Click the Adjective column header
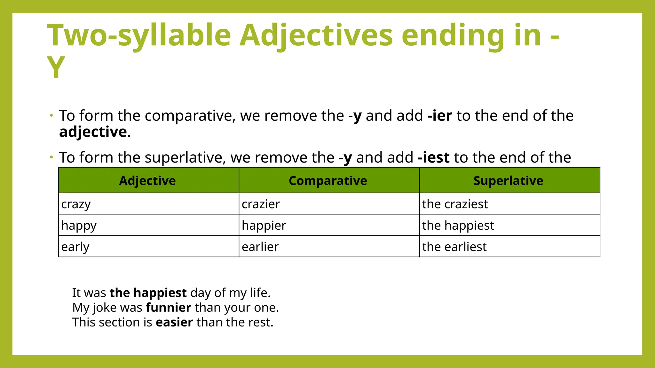coord(147,181)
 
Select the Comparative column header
coord(328,181)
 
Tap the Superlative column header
coord(508,181)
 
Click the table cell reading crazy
coord(76,204)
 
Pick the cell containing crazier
coord(261,204)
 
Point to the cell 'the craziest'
coord(455,204)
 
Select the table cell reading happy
coord(79,226)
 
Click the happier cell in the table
coord(264,226)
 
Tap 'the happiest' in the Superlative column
coord(458,226)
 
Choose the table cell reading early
coord(75,247)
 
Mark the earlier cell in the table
coord(260,247)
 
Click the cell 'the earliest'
coord(454,247)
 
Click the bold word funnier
coord(169,308)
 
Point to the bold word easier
coord(174,322)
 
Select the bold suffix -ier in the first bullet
coord(440,116)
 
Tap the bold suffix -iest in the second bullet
coord(434,157)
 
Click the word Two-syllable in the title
coord(139,36)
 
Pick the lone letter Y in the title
coord(56,67)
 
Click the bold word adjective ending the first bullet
coord(93,132)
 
